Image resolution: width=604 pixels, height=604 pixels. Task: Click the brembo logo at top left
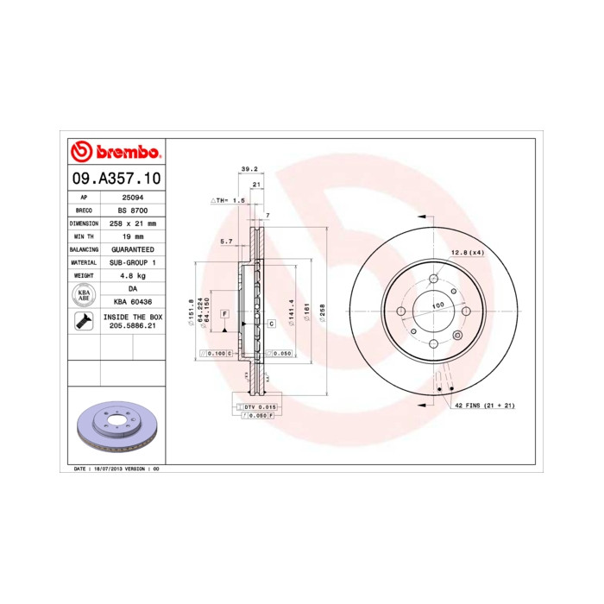(115, 153)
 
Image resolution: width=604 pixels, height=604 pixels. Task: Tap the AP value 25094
(131, 197)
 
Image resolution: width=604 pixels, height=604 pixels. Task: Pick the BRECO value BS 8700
(132, 210)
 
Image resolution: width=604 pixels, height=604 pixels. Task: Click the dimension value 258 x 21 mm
(132, 223)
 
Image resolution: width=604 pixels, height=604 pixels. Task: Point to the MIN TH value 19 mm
(132, 236)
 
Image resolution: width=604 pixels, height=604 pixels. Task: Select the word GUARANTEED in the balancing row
(132, 249)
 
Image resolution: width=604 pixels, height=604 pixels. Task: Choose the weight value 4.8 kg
(132, 275)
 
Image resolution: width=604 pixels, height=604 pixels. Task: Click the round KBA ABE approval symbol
(84, 295)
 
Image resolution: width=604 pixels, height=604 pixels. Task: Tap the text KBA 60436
(132, 302)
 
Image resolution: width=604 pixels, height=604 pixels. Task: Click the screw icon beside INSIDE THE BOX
(84, 322)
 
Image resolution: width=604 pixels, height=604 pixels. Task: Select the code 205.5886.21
(132, 327)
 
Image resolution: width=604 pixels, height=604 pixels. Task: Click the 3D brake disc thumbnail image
(115, 428)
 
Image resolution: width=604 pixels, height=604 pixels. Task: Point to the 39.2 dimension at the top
(249, 170)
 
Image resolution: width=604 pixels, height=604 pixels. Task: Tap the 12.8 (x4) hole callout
(467, 252)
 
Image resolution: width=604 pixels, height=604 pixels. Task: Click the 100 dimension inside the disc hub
(437, 305)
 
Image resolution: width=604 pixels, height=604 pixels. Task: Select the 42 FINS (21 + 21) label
(485, 406)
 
